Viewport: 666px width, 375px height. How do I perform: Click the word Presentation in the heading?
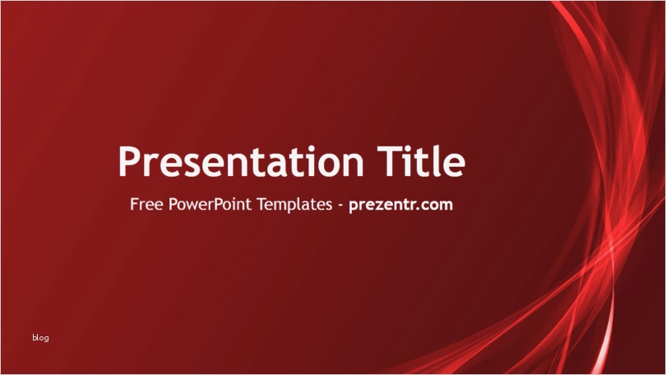pos(241,161)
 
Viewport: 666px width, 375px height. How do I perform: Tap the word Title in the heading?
pos(421,160)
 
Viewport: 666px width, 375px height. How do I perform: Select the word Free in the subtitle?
pos(146,204)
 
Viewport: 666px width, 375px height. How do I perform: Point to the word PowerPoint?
pos(210,204)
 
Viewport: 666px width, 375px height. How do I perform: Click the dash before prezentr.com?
pos(340,206)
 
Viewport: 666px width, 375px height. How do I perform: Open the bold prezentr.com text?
pos(400,205)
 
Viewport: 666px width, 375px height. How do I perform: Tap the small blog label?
pos(40,338)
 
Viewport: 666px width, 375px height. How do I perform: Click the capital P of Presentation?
pos(129,161)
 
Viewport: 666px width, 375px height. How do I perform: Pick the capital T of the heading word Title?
pos(388,161)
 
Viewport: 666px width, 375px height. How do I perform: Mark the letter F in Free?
pos(134,204)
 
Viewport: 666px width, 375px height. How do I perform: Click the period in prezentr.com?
pos(419,209)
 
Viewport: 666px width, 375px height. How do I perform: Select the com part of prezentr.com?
pos(438,206)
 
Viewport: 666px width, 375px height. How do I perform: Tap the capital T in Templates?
pos(262,204)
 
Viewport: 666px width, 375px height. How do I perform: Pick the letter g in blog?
pos(46,339)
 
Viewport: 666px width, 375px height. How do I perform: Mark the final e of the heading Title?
pos(456,165)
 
